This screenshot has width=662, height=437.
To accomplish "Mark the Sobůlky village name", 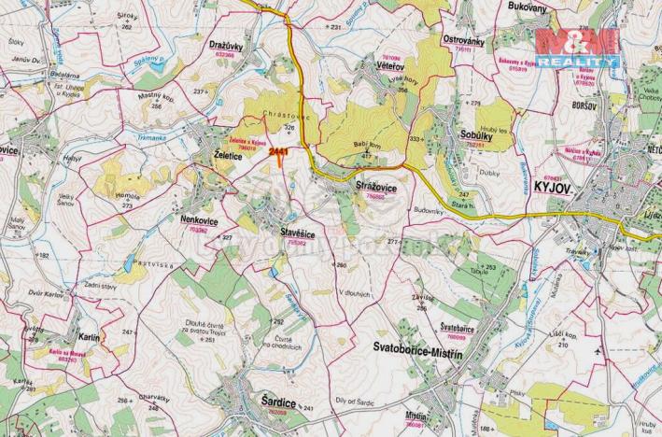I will click(x=477, y=135).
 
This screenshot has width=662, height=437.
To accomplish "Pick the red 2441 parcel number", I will click(x=277, y=149).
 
